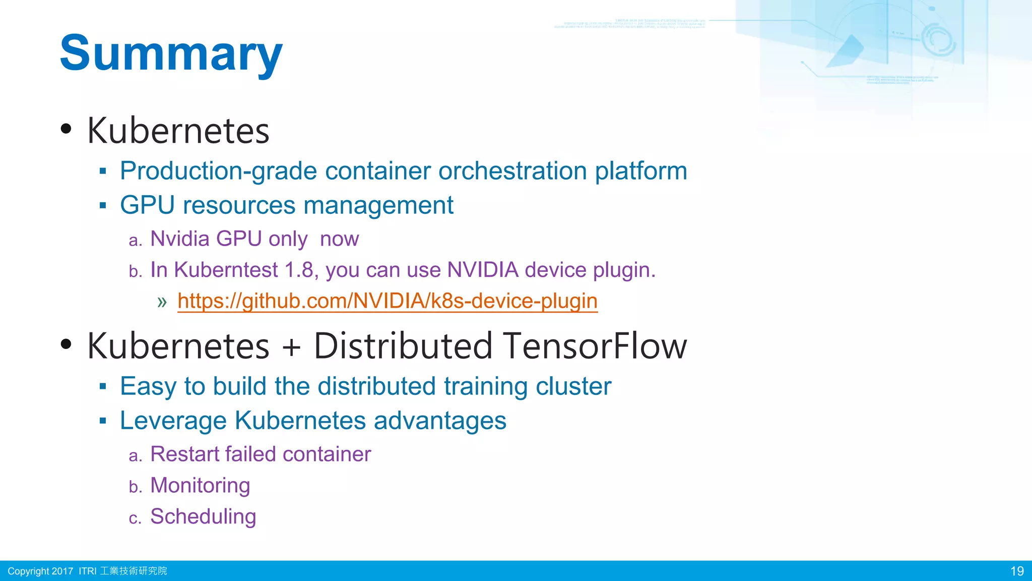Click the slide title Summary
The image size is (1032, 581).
click(x=171, y=53)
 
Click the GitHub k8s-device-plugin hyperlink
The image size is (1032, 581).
click(x=387, y=301)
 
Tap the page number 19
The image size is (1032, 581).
click(x=1017, y=571)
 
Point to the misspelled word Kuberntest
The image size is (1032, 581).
click(x=226, y=270)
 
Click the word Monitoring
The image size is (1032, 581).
click(x=200, y=485)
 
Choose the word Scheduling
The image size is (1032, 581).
click(x=203, y=516)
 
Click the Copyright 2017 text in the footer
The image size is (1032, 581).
click(x=40, y=571)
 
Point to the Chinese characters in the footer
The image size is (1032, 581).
click(x=134, y=571)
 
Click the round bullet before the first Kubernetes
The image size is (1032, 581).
click(x=66, y=129)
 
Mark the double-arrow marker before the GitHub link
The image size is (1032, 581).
click(x=162, y=302)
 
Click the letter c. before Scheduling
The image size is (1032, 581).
click(x=135, y=518)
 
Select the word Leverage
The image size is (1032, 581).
click(x=173, y=421)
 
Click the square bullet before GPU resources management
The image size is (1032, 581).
click(x=103, y=206)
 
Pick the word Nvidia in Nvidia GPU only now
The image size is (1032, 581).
click(x=179, y=239)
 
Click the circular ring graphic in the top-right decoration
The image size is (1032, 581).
click(x=938, y=39)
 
